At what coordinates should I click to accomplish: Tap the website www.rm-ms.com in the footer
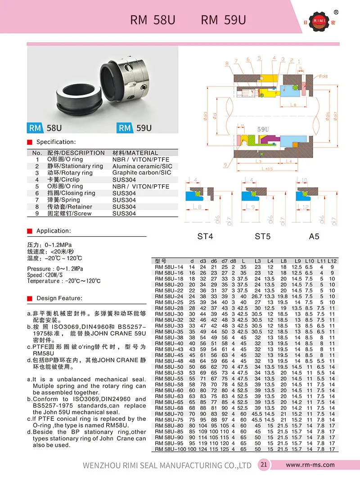coord(310,465)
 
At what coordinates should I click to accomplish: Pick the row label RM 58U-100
coord(170,449)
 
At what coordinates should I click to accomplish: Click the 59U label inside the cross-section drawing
coord(264,129)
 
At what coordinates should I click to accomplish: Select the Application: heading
coord(54,231)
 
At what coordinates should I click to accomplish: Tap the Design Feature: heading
coord(59,298)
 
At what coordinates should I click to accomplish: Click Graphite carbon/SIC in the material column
coord(142,173)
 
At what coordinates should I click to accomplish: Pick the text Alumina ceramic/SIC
coord(142,166)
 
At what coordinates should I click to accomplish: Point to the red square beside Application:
coord(30,231)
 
